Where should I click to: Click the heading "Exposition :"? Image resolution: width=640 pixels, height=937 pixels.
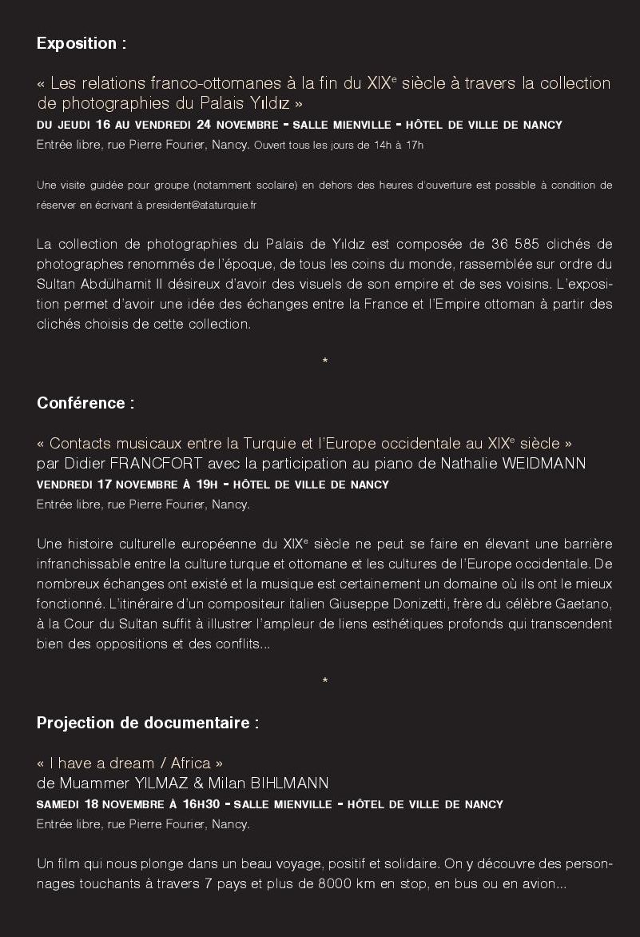click(81, 44)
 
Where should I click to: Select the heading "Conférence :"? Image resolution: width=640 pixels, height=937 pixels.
click(85, 403)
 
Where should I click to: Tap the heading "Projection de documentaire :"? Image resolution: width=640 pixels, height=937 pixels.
click(148, 723)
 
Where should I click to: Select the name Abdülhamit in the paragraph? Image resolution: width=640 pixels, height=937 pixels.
click(109, 284)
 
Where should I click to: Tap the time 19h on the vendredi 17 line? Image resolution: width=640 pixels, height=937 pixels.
click(207, 484)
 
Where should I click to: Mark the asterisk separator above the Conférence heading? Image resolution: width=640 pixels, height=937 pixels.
click(324, 362)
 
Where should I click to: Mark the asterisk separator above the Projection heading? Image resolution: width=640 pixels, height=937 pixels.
click(324, 682)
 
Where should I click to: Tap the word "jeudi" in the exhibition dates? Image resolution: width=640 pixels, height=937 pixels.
click(74, 125)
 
